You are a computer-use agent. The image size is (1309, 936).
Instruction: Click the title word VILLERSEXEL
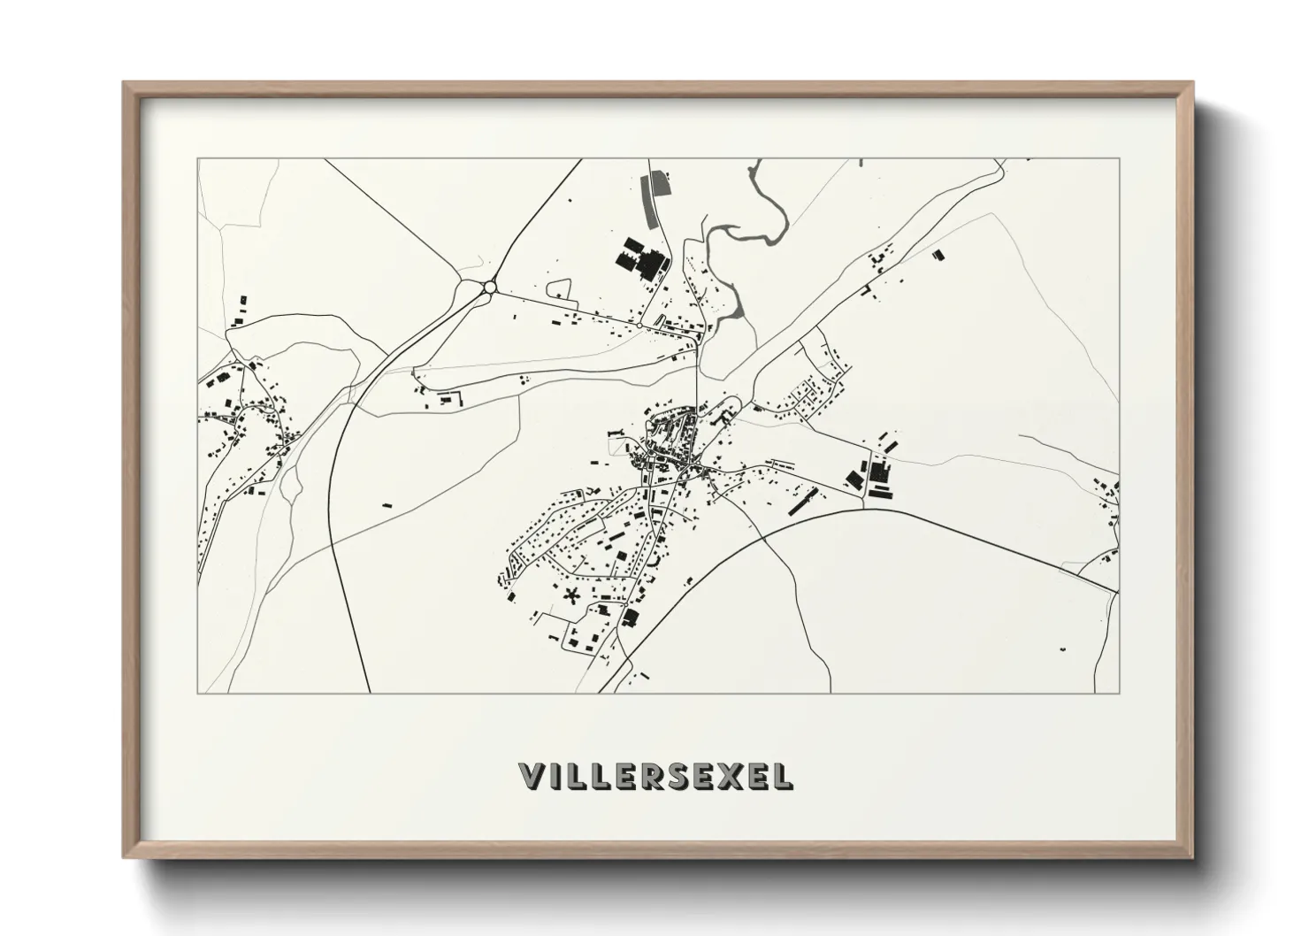click(655, 776)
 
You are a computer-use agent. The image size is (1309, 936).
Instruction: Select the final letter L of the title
click(784, 776)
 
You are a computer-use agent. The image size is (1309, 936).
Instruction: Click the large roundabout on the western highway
click(489, 287)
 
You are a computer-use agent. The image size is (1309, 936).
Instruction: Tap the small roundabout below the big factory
click(639, 326)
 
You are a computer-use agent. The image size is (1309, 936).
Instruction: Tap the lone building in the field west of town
click(386, 504)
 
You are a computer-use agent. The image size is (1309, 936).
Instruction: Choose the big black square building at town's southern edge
click(631, 617)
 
